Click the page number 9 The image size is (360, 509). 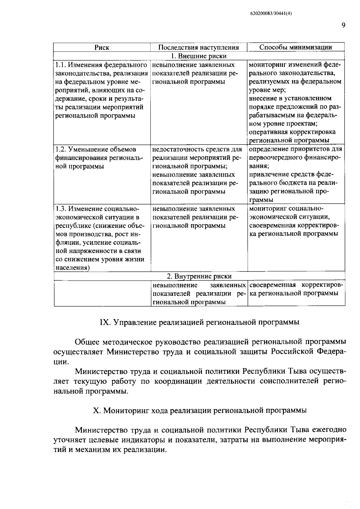[x=343, y=25]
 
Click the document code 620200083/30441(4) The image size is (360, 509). [x=271, y=13]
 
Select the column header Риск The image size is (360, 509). [x=102, y=47]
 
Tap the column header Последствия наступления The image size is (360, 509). [x=198, y=47]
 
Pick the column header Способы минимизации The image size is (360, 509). [x=295, y=47]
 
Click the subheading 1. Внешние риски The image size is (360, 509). [x=199, y=56]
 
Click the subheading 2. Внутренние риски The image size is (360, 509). [x=199, y=276]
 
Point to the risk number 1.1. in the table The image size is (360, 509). [x=60, y=65]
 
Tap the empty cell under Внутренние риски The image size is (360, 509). [x=102, y=293]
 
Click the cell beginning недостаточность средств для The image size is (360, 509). [x=198, y=170]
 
